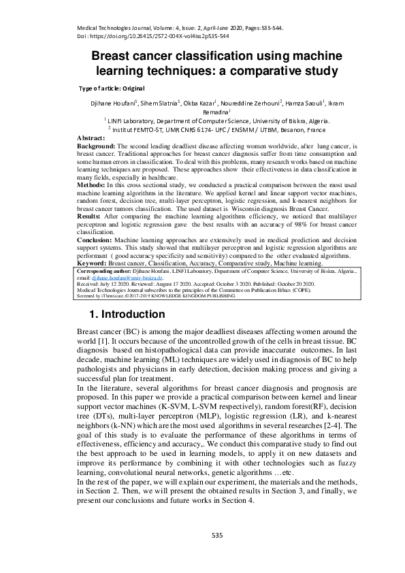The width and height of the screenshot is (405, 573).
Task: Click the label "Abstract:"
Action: click(x=91, y=138)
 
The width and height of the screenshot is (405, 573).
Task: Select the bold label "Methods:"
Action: click(x=91, y=184)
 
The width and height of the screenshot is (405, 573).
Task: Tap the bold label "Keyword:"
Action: click(x=92, y=262)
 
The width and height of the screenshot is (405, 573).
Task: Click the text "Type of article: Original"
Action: click(x=112, y=88)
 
